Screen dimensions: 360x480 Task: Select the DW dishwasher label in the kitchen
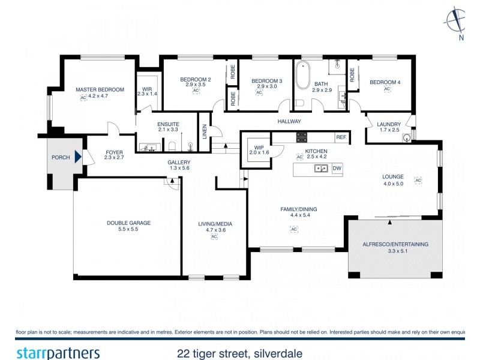pyautogui.click(x=337, y=169)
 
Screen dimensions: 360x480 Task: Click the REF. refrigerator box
pyautogui.click(x=341, y=137)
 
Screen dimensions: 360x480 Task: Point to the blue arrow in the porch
pyautogui.click(x=78, y=158)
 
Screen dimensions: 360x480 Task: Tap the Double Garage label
pyautogui.click(x=128, y=223)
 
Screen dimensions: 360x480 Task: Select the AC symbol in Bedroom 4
pyautogui.click(x=387, y=89)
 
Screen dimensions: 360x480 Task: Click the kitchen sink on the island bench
pyautogui.click(x=320, y=169)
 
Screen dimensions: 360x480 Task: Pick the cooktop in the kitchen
pyautogui.click(x=301, y=136)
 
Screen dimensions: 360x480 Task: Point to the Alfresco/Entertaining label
pyautogui.click(x=394, y=244)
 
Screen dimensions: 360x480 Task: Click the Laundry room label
pyautogui.click(x=389, y=124)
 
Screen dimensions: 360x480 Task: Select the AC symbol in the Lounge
pyautogui.click(x=418, y=180)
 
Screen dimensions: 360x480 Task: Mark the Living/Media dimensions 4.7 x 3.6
pyautogui.click(x=215, y=230)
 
